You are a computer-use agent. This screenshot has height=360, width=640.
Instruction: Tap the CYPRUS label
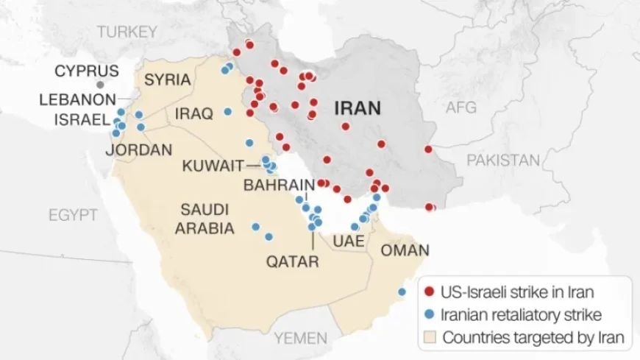(x=86, y=71)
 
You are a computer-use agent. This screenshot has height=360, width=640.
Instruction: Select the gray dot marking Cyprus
(x=100, y=85)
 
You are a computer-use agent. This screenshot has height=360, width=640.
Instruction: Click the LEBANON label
(x=77, y=99)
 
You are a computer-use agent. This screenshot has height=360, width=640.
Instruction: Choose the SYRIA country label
(x=168, y=80)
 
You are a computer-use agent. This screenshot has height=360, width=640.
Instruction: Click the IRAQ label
(x=193, y=113)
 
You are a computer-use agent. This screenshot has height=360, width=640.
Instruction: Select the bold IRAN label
(x=358, y=109)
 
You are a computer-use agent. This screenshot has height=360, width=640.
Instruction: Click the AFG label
(x=461, y=108)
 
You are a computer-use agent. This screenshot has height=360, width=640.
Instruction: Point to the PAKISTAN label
(x=503, y=160)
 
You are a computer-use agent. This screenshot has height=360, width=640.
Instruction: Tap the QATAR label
(x=293, y=261)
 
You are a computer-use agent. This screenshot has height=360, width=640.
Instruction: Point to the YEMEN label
(x=300, y=338)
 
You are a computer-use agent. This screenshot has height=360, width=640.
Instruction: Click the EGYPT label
(x=73, y=215)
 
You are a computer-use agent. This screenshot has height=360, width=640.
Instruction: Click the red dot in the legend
(x=430, y=291)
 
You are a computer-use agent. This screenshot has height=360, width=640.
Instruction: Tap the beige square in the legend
(x=430, y=338)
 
